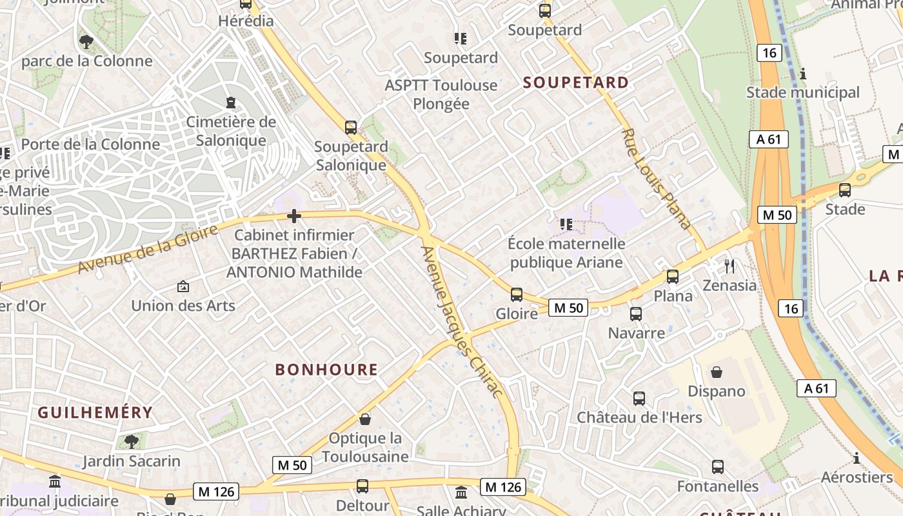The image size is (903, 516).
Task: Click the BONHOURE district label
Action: click(326, 370)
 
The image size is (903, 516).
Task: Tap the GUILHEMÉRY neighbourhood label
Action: click(95, 412)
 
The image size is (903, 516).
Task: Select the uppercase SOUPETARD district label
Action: click(575, 83)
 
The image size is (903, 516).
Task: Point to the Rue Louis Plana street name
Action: click(656, 179)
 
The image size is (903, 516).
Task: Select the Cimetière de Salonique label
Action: click(231, 131)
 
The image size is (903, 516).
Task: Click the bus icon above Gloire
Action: click(516, 295)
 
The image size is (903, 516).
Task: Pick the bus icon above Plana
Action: click(673, 277)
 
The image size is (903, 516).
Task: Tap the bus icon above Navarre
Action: click(636, 314)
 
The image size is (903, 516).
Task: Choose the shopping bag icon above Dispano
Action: click(716, 372)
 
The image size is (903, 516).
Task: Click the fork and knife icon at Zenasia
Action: click(729, 266)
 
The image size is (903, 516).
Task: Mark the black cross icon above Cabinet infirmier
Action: click(294, 216)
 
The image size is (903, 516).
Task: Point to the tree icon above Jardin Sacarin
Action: click(132, 442)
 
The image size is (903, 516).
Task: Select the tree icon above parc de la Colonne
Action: click(86, 42)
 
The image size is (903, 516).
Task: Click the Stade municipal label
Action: click(803, 92)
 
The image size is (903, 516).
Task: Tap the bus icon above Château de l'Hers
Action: click(639, 398)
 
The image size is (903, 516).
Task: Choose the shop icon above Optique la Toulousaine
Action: click(365, 419)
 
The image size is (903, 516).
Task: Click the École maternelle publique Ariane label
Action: click(566, 253)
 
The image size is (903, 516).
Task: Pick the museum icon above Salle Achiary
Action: click(461, 493)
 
